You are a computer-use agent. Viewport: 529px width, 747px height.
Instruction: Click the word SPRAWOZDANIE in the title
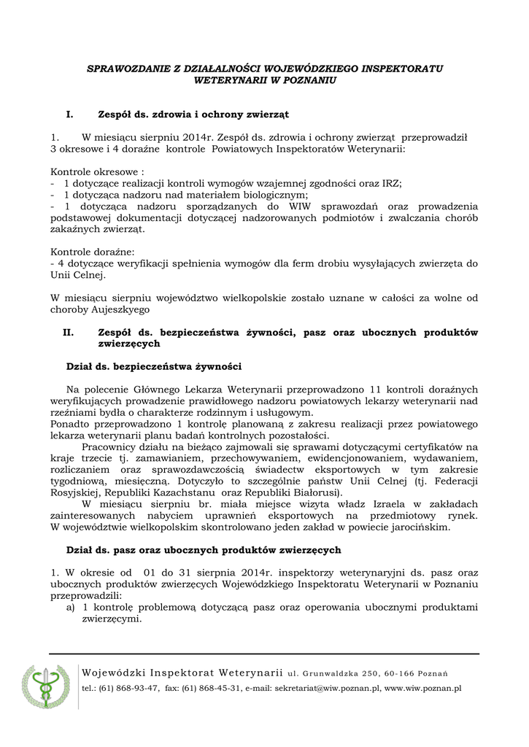click(122, 68)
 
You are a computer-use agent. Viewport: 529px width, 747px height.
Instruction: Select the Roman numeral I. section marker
click(70, 114)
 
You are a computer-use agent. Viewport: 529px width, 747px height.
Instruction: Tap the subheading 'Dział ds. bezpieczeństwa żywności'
click(153, 365)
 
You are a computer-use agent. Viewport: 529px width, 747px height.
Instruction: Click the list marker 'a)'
click(71, 606)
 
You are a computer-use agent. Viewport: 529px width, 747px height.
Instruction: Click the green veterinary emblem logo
click(45, 688)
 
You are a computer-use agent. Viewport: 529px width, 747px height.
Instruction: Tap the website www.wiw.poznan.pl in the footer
click(422, 688)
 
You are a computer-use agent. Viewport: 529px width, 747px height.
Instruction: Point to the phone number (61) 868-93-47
click(128, 688)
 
